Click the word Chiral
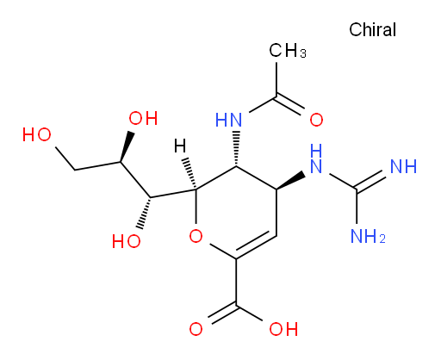[x=372, y=29]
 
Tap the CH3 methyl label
[x=288, y=51]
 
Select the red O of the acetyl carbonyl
[x=316, y=120]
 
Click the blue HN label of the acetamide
[x=228, y=120]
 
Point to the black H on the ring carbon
[x=180, y=146]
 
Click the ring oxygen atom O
[x=196, y=236]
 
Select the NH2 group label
[x=368, y=237]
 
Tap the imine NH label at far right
[x=403, y=166]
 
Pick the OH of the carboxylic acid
[x=283, y=329]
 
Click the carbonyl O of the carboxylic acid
[x=196, y=329]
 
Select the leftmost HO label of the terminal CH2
[x=37, y=134]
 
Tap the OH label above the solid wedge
[x=143, y=118]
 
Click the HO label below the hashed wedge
[x=127, y=241]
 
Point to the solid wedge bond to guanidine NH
[x=290, y=181]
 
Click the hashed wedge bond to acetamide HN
[x=236, y=149]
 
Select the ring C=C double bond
[x=256, y=245]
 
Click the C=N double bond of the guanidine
[x=370, y=180]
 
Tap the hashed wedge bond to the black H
[x=190, y=173]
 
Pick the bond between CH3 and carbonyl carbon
[x=276, y=79]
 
